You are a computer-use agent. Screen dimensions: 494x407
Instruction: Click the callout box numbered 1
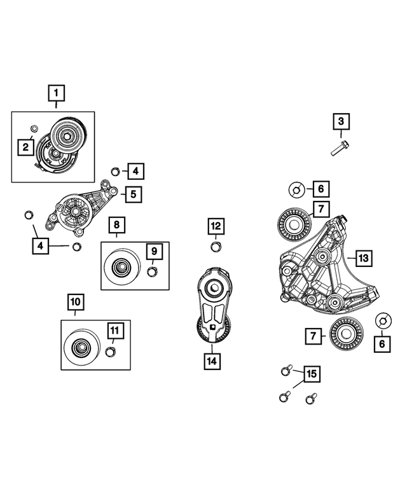click(56, 95)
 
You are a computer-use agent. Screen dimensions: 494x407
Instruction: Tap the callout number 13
click(363, 258)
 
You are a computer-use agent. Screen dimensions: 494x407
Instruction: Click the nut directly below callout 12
click(216, 247)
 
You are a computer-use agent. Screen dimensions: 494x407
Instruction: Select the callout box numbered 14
click(212, 361)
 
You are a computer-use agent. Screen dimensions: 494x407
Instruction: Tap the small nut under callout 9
click(152, 272)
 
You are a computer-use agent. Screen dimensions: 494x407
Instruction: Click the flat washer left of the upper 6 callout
click(296, 189)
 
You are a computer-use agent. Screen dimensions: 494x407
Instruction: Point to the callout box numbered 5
click(133, 194)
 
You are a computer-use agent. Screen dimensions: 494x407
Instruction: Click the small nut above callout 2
click(34, 130)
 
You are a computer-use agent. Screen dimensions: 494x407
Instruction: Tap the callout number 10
click(75, 300)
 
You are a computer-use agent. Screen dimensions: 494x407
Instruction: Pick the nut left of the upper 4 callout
click(115, 170)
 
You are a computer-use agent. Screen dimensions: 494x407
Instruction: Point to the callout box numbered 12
click(216, 225)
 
